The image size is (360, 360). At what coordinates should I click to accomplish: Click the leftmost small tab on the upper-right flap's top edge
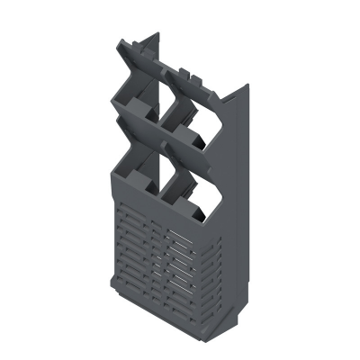[x=185, y=67]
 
